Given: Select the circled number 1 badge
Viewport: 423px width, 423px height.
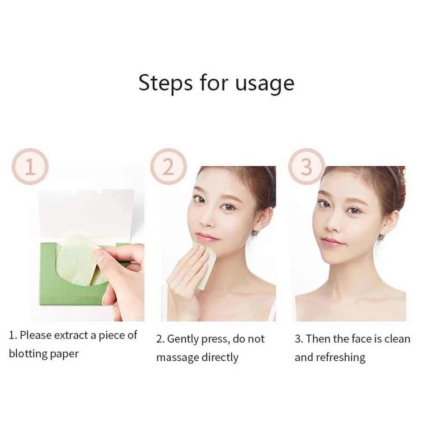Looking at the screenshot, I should coord(30,167).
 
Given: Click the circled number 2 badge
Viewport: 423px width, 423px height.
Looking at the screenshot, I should coord(168,167).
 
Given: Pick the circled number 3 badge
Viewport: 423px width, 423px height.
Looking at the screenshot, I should coord(306,167).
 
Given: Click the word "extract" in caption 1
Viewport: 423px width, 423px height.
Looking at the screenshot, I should coord(72,335).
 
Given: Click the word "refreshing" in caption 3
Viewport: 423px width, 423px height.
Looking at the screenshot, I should coord(340,357).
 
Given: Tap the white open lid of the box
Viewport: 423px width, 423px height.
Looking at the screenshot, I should coord(86,212).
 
